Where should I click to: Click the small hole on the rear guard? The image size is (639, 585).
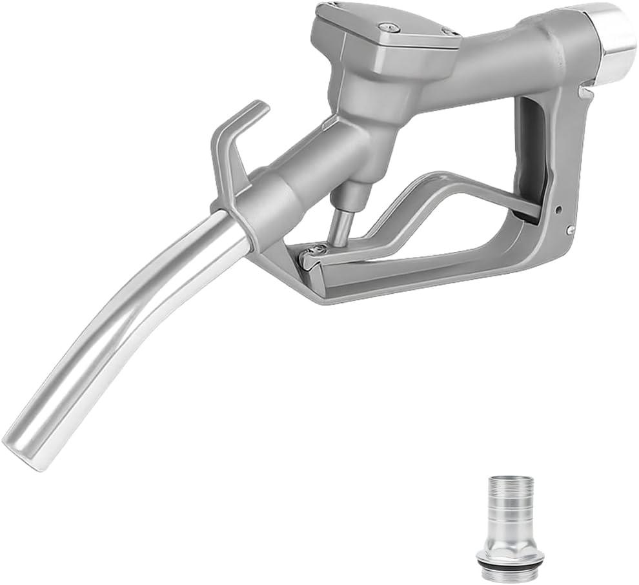coord(560,210)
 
